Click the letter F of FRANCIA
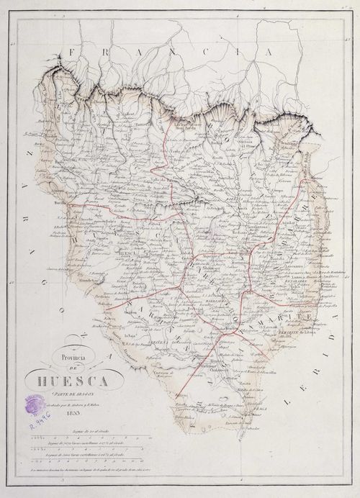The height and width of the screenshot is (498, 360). tap(72, 53)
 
